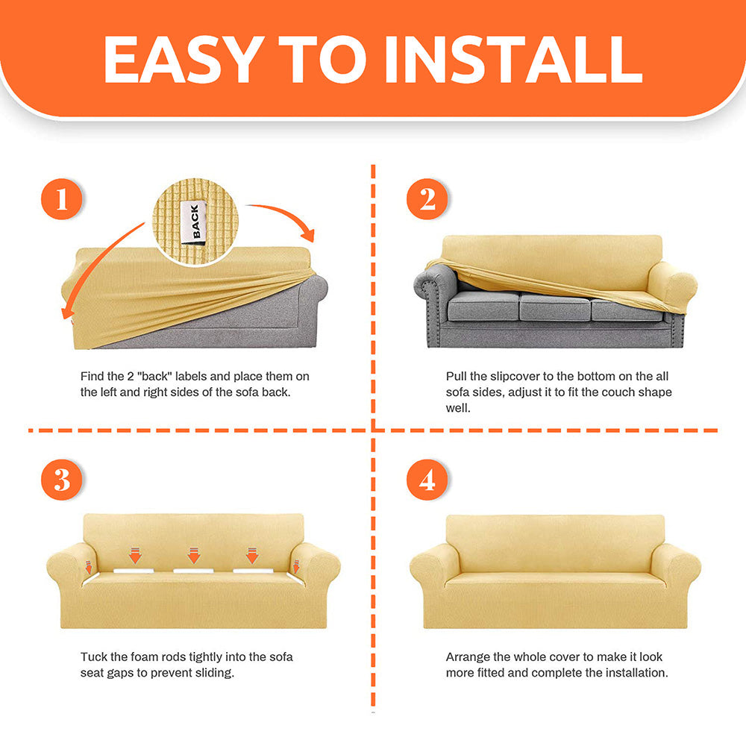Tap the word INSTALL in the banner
pyautogui.click(x=513, y=59)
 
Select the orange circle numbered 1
pyautogui.click(x=61, y=199)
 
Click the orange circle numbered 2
pyautogui.click(x=427, y=199)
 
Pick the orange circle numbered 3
pyautogui.click(x=61, y=479)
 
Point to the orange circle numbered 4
pyautogui.click(x=427, y=479)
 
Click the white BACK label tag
pyautogui.click(x=194, y=222)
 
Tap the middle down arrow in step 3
pyautogui.click(x=194, y=555)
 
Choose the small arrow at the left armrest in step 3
pyautogui.click(x=89, y=567)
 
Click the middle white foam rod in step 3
pyautogui.click(x=193, y=571)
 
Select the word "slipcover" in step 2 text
pyautogui.click(x=515, y=376)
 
